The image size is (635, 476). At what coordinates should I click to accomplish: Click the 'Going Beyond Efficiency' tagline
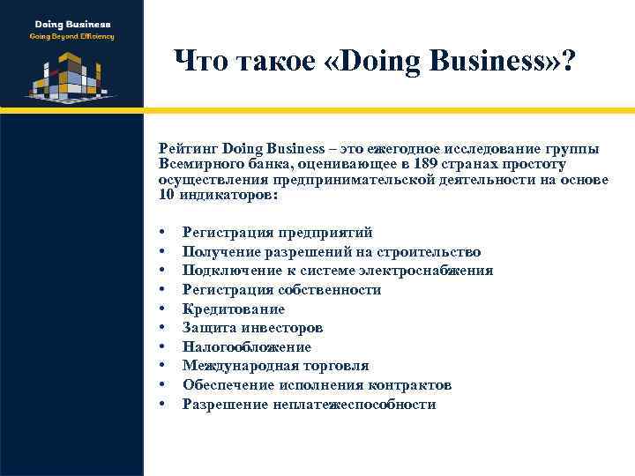pyautogui.click(x=71, y=37)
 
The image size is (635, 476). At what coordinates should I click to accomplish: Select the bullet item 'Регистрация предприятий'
pyautogui.click(x=277, y=232)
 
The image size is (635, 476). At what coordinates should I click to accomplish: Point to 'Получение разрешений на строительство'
pyautogui.click(x=331, y=251)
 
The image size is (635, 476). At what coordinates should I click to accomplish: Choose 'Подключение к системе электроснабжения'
pyautogui.click(x=337, y=271)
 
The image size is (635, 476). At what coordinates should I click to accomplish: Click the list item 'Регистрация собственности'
pyautogui.click(x=281, y=290)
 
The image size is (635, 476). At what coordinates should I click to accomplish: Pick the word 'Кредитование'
pyautogui.click(x=233, y=309)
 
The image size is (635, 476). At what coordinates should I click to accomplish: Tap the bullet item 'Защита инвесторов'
pyautogui.click(x=252, y=328)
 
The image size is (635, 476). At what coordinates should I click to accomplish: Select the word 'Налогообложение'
pyautogui.click(x=246, y=347)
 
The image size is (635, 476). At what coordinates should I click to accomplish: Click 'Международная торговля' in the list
pyautogui.click(x=275, y=366)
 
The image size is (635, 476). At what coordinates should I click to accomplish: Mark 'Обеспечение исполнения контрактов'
pyautogui.click(x=317, y=385)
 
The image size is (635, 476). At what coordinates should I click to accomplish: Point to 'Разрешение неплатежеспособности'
pyautogui.click(x=309, y=405)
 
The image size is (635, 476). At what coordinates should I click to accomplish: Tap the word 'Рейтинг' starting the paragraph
pyautogui.click(x=188, y=149)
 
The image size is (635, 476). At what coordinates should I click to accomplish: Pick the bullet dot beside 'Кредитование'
pyautogui.click(x=164, y=309)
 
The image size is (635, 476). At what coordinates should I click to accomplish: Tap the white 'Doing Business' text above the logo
pyautogui.click(x=71, y=24)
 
